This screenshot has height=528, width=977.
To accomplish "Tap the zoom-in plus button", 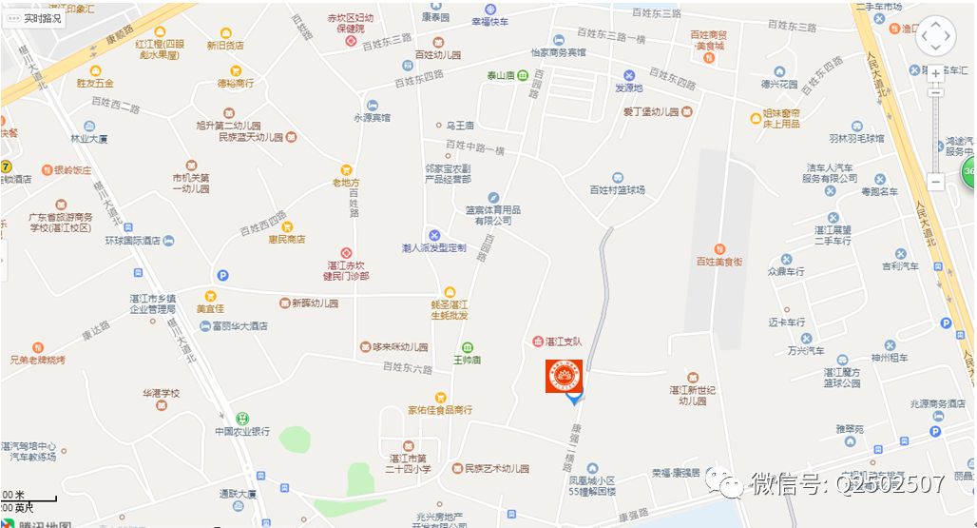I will (x=936, y=73).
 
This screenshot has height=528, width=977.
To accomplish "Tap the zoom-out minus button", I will (x=936, y=181).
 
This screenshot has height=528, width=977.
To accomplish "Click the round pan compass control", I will (x=935, y=36).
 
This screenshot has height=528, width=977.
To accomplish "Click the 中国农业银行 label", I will (x=241, y=431).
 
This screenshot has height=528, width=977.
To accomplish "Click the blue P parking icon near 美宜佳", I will (x=223, y=275).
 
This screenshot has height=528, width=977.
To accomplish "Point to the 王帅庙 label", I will (x=466, y=361).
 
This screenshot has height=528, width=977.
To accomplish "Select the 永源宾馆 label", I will (x=372, y=117).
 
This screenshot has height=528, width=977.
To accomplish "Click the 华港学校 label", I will (x=161, y=393).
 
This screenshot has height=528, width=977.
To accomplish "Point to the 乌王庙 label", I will (x=460, y=125).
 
